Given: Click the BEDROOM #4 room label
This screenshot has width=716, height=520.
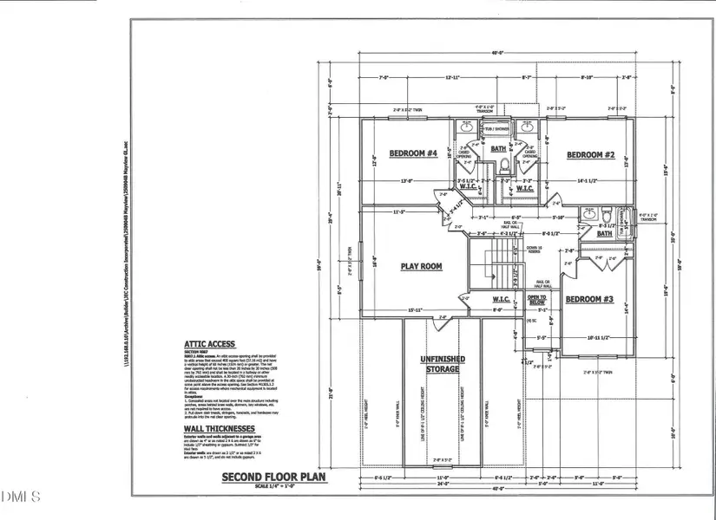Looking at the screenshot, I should [412, 154].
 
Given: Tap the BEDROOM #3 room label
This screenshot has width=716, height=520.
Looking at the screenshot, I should [589, 300].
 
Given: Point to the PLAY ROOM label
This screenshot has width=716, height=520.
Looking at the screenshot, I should [422, 266].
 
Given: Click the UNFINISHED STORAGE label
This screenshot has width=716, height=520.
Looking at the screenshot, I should [443, 364].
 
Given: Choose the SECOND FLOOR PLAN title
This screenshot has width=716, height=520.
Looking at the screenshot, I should [270, 477].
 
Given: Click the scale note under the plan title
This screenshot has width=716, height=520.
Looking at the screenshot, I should [271, 485].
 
